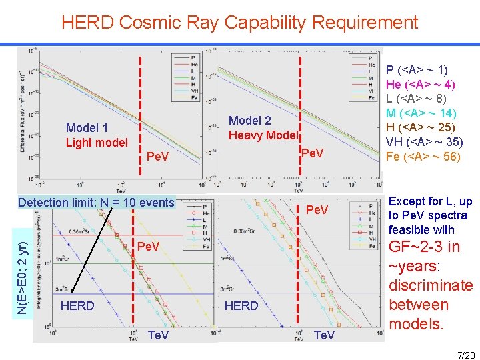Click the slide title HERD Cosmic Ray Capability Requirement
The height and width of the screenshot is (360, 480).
(239, 23)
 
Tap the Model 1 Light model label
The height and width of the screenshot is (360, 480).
(97, 135)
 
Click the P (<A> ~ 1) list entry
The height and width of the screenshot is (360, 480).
(417, 70)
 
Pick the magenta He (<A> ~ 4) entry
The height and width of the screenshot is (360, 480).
(421, 85)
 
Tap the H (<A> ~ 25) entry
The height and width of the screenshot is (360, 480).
(421, 128)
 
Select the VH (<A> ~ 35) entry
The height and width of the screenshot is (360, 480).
(424, 143)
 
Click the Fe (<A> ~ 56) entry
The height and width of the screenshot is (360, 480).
(423, 157)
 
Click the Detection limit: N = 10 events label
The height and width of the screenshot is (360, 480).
(97, 203)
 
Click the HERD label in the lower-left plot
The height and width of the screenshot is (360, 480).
(77, 306)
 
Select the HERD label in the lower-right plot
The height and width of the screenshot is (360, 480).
(242, 306)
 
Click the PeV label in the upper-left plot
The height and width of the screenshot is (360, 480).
(157, 157)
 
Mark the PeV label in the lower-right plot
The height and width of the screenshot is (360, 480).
(317, 210)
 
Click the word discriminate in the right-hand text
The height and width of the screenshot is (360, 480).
(431, 286)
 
